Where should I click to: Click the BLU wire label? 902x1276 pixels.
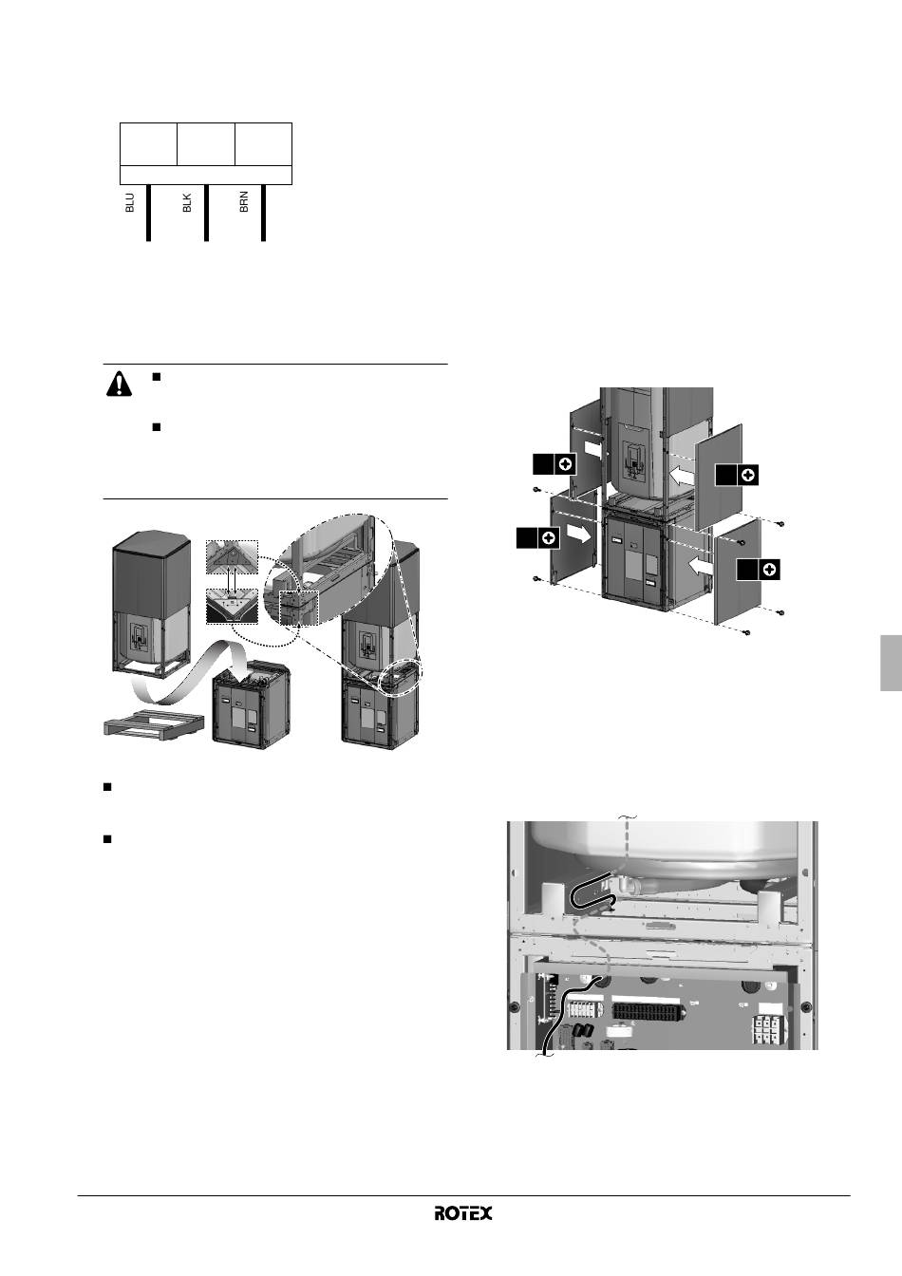130,203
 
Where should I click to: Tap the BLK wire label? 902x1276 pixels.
187,203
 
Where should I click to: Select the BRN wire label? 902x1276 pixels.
244,202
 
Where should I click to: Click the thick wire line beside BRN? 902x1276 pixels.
263,213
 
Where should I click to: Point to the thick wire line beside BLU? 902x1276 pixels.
149,213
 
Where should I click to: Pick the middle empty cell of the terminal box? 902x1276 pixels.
206,143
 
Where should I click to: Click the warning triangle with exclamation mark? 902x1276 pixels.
119,384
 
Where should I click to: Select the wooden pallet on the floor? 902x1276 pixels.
154,724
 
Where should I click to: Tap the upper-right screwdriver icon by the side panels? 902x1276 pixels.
737,475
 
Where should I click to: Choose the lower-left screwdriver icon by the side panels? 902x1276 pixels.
538,537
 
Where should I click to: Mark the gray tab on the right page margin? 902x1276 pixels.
892,663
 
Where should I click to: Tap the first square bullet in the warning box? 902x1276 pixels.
156,377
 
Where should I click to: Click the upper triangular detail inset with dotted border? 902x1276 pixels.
232,556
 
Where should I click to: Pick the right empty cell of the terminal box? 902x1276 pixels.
264,143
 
